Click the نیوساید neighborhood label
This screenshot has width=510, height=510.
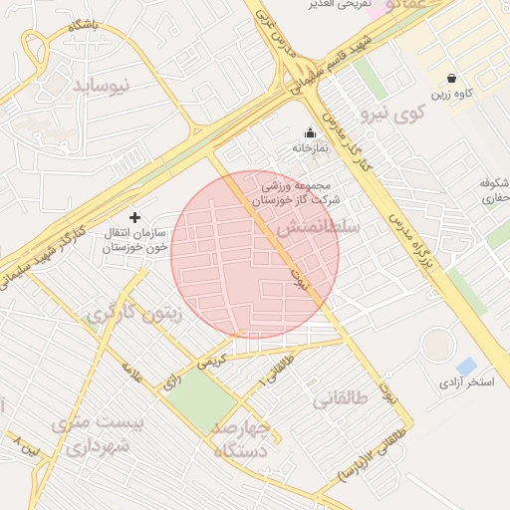click(103, 87)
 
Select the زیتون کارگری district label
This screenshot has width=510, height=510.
click(135, 315)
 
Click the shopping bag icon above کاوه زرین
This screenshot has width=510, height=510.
click(452, 78)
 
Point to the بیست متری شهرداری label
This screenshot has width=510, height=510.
click(91, 435)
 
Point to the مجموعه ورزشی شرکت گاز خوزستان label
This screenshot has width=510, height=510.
click(296, 192)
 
